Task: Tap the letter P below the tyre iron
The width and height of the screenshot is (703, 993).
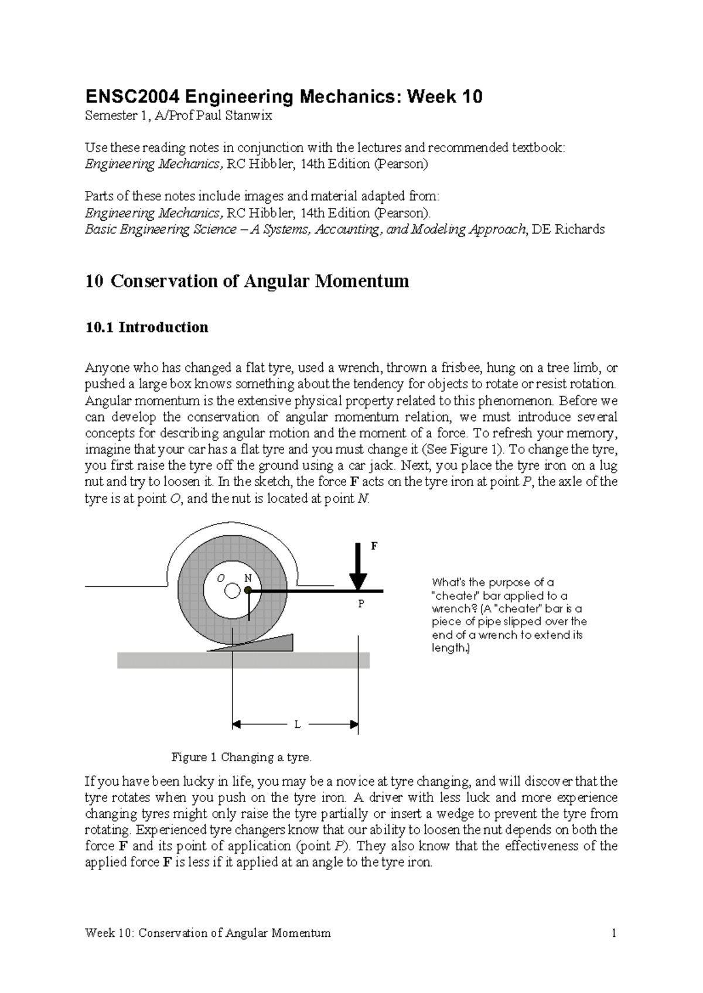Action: [361, 604]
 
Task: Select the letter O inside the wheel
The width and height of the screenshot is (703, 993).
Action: [221, 578]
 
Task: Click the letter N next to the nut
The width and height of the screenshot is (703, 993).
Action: [248, 577]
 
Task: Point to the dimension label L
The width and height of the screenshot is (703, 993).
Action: [297, 725]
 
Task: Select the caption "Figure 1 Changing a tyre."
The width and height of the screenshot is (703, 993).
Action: [241, 757]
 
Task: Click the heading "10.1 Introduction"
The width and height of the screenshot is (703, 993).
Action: [146, 327]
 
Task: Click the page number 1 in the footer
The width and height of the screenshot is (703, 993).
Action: [614, 933]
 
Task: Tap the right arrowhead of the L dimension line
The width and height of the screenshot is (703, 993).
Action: [354, 725]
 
